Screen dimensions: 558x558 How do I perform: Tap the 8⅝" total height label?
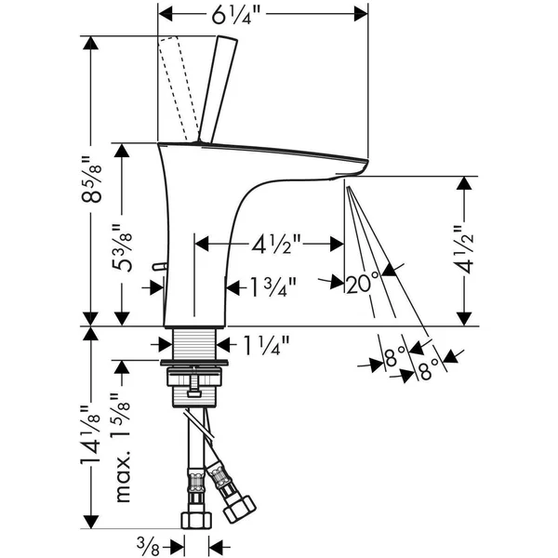pos(92,179)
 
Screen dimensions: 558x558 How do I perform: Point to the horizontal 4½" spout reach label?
pos(275,244)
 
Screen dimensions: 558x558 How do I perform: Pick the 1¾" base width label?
pos(272,286)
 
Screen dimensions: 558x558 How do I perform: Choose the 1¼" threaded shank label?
pos(266,345)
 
